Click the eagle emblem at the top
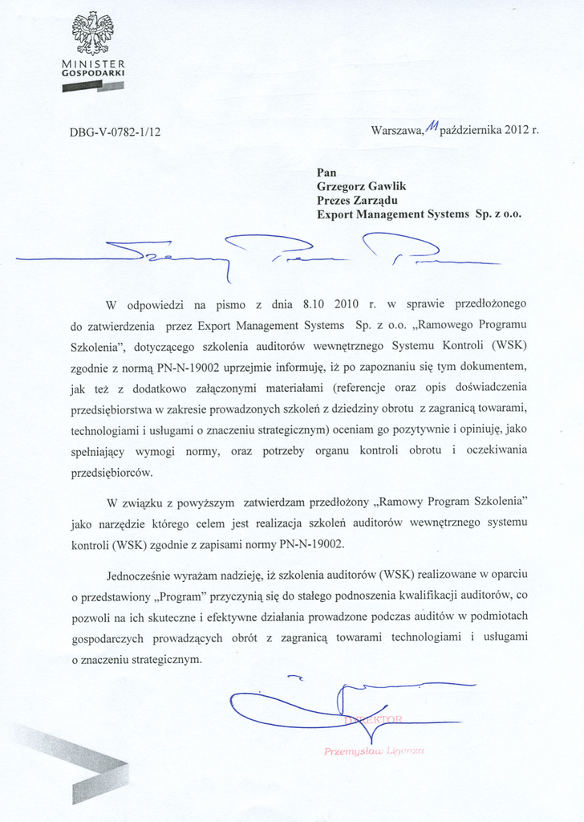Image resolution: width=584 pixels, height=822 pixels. coord(92,33)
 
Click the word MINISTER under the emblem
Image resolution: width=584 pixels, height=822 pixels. coord(92,63)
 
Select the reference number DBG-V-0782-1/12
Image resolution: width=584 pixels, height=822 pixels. coord(116,132)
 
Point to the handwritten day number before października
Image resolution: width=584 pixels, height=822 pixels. coord(432,125)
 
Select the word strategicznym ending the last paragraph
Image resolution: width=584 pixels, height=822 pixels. coord(158,659)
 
